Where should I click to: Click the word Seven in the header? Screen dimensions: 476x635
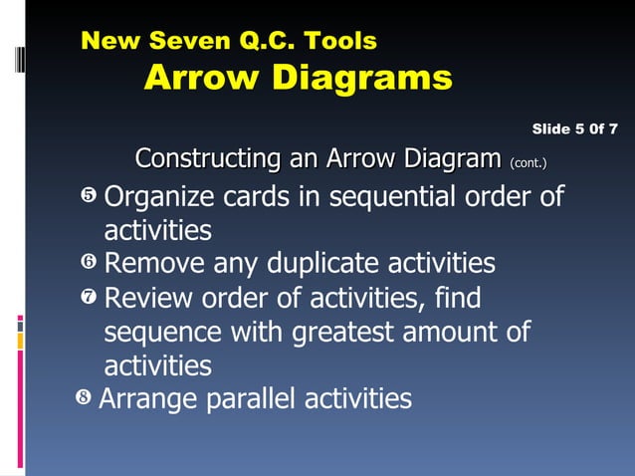tap(189, 41)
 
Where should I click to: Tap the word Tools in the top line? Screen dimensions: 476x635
tap(340, 41)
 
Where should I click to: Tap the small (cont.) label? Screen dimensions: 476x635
tap(528, 161)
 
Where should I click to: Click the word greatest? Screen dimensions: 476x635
tap(354, 332)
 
